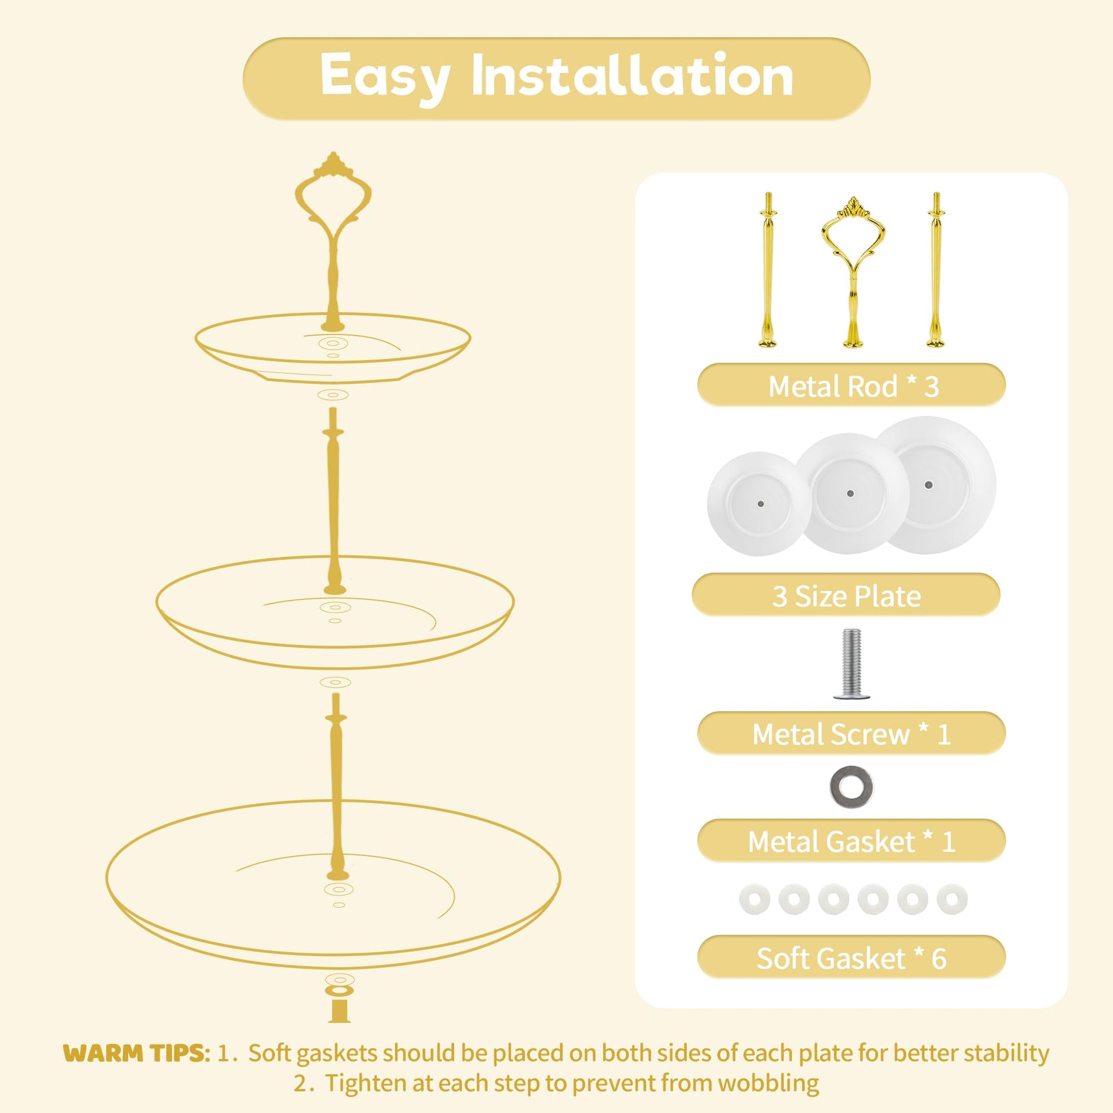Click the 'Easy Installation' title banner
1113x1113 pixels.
point(556,78)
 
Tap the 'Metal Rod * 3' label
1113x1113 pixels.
point(852,385)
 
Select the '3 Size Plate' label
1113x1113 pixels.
point(846,595)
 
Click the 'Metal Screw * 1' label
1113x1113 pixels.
point(852,733)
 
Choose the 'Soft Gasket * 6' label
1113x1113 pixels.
point(852,957)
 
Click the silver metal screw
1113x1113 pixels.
point(852,664)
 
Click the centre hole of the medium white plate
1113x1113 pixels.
point(850,493)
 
